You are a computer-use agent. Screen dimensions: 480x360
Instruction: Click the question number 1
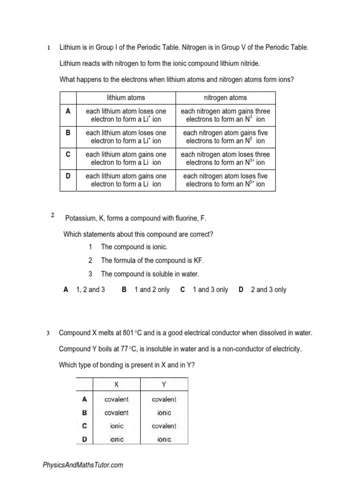point(48,48)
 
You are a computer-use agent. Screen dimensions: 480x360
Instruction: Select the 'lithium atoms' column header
point(126,97)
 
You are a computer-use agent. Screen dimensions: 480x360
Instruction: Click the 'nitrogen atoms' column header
point(225,97)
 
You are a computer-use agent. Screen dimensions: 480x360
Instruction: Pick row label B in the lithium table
point(68,133)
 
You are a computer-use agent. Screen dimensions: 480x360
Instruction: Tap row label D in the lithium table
point(68,176)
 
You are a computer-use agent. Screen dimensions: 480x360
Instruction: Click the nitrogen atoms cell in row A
point(225,115)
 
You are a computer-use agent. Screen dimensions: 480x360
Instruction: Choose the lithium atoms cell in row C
point(126,158)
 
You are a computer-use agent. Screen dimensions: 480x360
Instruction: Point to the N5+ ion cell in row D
point(225,180)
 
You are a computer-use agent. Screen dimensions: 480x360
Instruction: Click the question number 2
point(53,215)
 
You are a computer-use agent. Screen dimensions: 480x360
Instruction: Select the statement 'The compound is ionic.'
point(134,247)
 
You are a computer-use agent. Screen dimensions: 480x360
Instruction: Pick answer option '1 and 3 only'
point(210,290)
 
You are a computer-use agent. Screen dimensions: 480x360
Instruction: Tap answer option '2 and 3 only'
point(268,290)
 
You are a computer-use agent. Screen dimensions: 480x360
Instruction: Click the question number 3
point(48,333)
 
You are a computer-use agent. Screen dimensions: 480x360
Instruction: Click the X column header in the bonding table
point(117,384)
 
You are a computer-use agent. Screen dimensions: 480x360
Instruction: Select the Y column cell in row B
point(165,413)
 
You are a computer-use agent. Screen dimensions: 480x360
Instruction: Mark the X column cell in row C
point(117,426)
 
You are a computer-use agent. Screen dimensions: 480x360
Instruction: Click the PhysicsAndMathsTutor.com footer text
point(83,465)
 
